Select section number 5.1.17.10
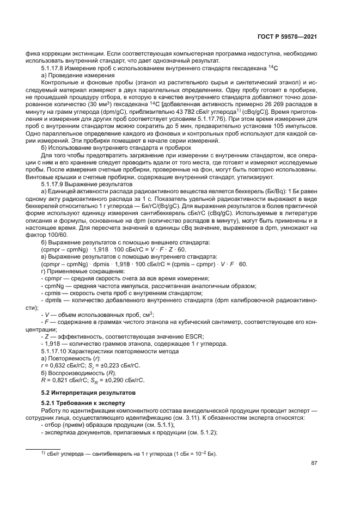[56, 351]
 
